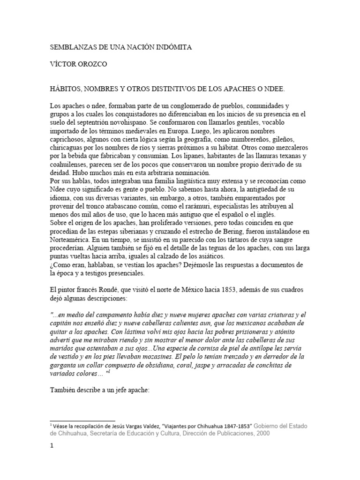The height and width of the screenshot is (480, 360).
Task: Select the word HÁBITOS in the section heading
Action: [67, 88]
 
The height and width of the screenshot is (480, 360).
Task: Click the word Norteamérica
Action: [73, 240]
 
